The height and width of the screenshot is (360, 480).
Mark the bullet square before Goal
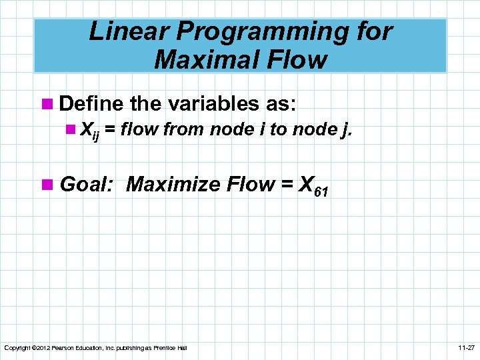[x=48, y=184]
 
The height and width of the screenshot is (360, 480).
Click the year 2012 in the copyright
[x=41, y=348]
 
